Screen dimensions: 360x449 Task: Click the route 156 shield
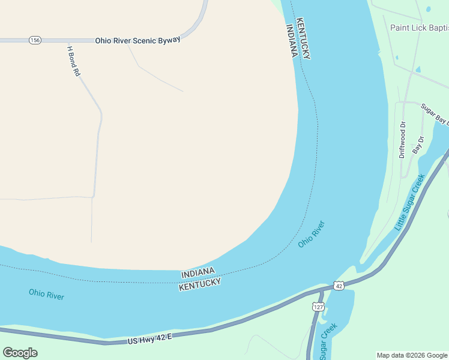pos(34,40)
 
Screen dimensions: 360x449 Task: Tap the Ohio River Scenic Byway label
pos(137,40)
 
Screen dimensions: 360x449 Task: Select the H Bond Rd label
pos(74,61)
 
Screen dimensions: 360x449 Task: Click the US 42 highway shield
pos(339,286)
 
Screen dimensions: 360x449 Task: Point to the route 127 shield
pos(318,307)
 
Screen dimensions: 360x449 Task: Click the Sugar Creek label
pos(328,341)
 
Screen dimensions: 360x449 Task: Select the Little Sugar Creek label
pos(410,202)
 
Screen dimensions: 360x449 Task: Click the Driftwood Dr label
pos(403,140)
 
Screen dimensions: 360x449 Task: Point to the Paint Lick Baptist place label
pos(419,28)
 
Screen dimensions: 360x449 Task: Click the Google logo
pos(20,353)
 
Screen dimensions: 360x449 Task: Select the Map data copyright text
pos(412,355)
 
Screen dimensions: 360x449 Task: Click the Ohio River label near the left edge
pos(46,295)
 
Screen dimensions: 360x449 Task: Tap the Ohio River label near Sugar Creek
pos(312,235)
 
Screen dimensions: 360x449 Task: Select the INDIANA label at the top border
pos(291,41)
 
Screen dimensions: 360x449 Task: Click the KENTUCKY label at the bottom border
pos(200,284)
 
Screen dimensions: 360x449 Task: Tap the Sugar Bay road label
pos(435,113)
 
